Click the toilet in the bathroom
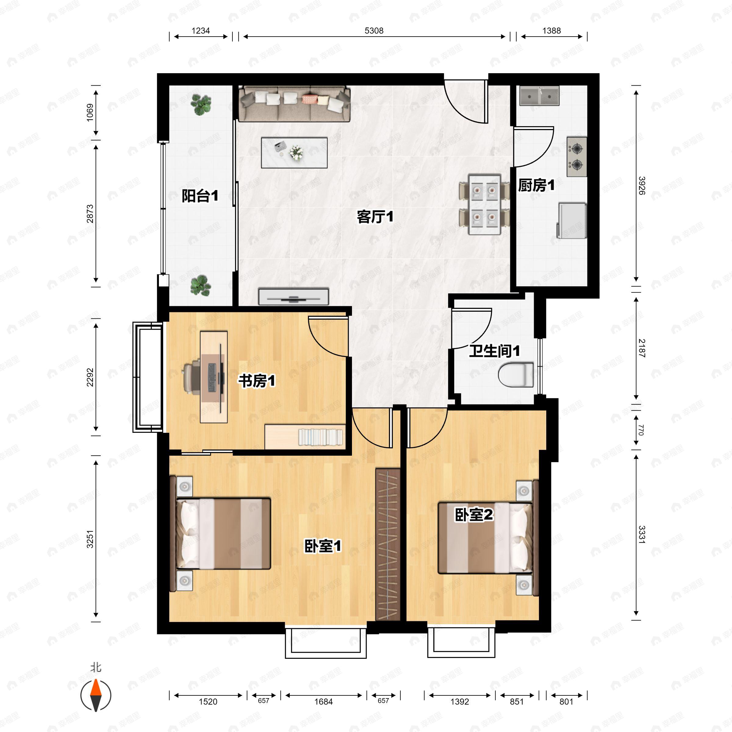coord(516,375)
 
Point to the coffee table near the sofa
coord(294,152)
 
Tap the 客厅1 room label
coord(375,217)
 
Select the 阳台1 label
coord(200,196)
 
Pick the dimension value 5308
coord(374,31)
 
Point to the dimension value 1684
coord(323,702)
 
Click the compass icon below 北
coord(96,695)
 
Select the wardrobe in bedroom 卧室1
coord(388,544)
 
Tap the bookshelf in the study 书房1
coord(305,436)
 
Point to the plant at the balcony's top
coord(201,104)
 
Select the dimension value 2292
coord(90,377)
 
